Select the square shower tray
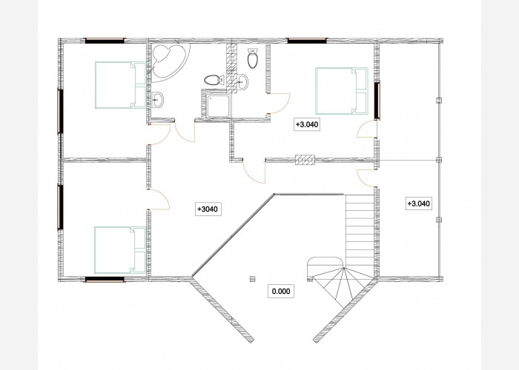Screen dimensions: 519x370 [x=218, y=106]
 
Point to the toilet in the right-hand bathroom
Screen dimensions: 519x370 [x=253, y=58]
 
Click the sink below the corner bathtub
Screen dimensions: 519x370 [x=157, y=99]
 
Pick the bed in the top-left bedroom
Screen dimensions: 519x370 [x=120, y=85]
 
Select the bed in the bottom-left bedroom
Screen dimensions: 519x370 [x=120, y=250]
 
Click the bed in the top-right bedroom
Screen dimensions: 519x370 [x=342, y=91]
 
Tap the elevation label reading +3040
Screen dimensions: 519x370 [x=208, y=209]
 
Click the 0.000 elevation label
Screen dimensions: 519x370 [x=281, y=291]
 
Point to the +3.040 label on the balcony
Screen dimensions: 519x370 [x=419, y=203]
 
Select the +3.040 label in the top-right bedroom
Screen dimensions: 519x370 [x=307, y=124]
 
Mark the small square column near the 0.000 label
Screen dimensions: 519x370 [x=253, y=279]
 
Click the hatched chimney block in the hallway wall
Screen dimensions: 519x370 [x=305, y=160]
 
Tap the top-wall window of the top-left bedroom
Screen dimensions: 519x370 [x=105, y=41]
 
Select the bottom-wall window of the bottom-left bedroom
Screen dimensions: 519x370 [x=105, y=280]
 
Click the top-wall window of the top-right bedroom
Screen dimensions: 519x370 [x=307, y=41]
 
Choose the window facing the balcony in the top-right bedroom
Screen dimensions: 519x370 [x=377, y=100]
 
